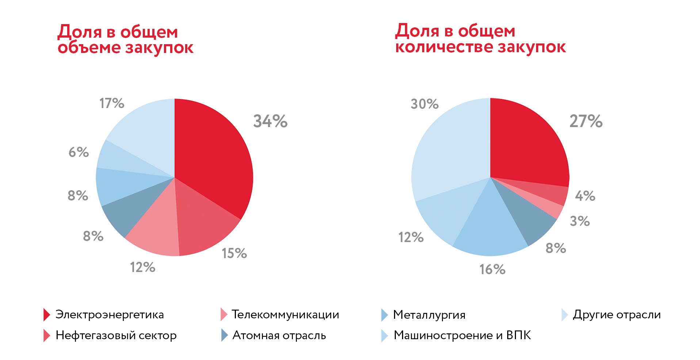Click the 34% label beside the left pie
(270, 121)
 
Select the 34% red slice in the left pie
(212, 153)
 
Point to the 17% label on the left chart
(112, 103)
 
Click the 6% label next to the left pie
(79, 152)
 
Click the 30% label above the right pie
(424, 104)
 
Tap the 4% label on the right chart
(585, 196)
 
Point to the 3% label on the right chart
(579, 221)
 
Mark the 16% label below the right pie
(492, 269)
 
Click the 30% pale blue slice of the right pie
(449, 153)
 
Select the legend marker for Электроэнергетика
(46, 315)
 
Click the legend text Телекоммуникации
(285, 314)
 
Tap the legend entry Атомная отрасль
(279, 335)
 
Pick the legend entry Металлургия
(429, 315)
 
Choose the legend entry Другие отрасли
(616, 314)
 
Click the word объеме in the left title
(89, 47)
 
